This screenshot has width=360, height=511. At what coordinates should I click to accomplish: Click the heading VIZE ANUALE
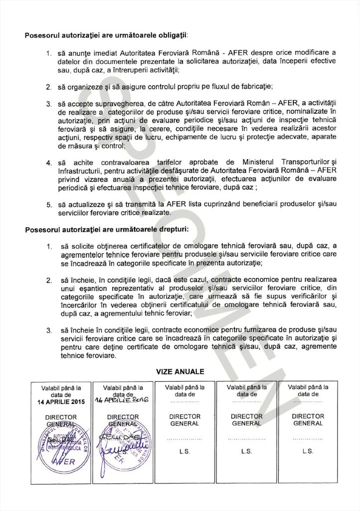(180, 372)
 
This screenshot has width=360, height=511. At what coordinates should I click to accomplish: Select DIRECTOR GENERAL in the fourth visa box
(246, 420)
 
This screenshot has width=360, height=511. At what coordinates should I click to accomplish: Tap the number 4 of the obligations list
(49, 163)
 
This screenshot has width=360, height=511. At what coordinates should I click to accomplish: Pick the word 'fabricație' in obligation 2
(254, 86)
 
